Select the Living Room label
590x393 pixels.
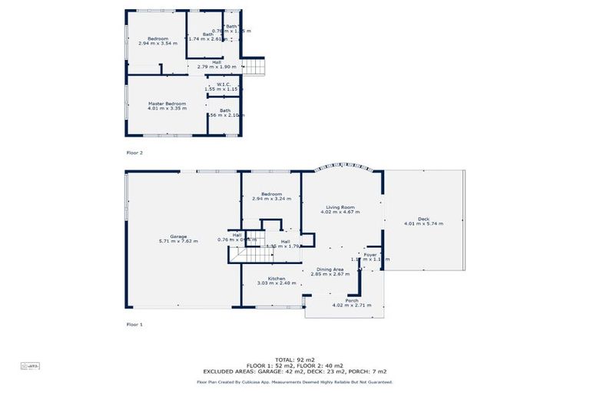tap(341, 207)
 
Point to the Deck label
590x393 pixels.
tap(423, 220)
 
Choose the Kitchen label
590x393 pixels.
tap(277, 279)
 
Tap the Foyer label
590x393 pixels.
tap(370, 254)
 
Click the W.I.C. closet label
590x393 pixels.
tap(224, 84)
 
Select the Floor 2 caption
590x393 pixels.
tap(134, 153)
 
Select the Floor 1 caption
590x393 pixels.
tap(134, 325)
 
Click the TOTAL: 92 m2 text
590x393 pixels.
tap(295, 359)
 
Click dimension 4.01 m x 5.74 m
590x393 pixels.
tap(423, 224)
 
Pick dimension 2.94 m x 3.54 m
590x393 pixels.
tap(157, 43)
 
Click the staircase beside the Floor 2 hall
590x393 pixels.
tap(254, 67)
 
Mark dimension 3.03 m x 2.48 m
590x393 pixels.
tap(277, 283)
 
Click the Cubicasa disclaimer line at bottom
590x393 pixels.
tap(295, 381)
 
